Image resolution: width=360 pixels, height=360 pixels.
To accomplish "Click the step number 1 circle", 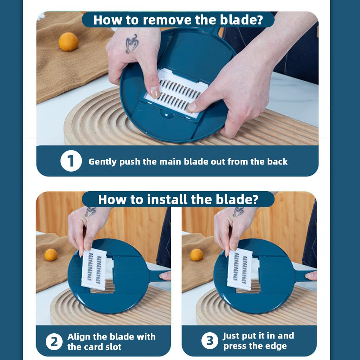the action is click(x=71, y=161).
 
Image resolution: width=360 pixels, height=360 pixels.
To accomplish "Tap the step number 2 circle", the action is click(x=54, y=342).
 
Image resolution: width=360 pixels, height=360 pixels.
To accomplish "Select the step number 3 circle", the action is click(x=210, y=340).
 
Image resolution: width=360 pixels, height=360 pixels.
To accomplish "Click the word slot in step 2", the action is click(x=112, y=347).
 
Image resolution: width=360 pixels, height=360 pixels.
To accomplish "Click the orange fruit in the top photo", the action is click(x=69, y=41).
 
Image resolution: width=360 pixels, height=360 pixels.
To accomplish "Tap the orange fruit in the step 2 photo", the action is click(x=51, y=255).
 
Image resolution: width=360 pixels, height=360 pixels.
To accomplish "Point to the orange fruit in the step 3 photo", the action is click(x=197, y=255).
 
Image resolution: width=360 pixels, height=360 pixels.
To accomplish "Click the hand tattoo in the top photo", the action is click(x=132, y=44).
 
